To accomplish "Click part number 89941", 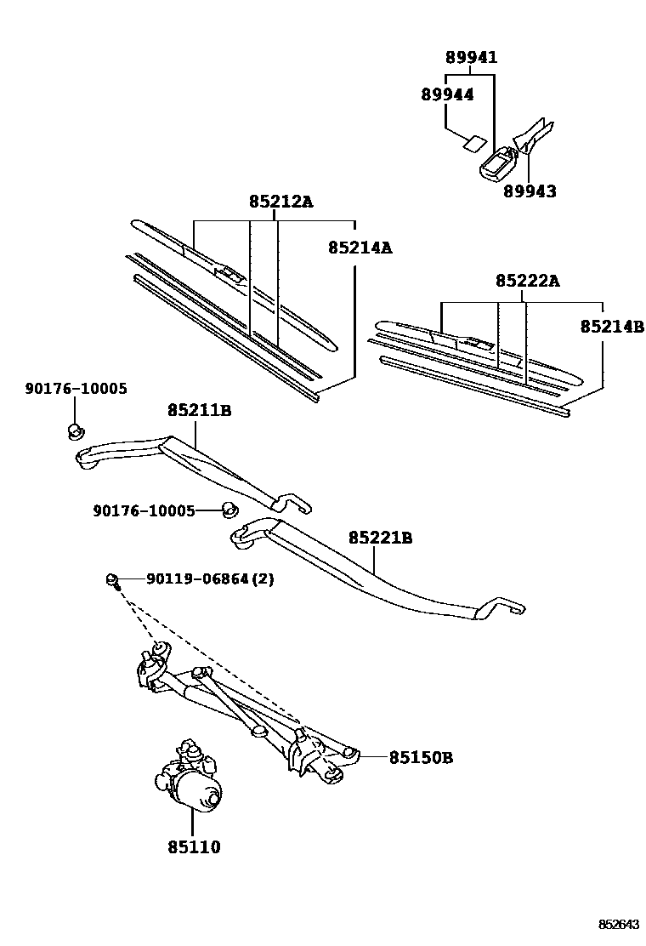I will click(472, 58).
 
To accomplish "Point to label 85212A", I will click(280, 202).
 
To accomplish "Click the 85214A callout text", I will click(360, 248).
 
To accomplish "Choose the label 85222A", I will click(528, 281).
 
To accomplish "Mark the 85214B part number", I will click(612, 326).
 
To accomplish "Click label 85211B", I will click(199, 411).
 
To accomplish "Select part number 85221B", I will click(380, 538).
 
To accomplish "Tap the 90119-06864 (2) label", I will click(210, 578).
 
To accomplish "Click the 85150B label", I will click(421, 756).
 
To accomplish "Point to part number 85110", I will click(193, 846).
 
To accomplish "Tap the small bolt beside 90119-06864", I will click(113, 580).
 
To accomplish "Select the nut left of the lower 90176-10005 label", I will click(228, 510).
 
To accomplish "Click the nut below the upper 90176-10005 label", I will click(75, 430).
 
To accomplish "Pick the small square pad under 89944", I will click(473, 142).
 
